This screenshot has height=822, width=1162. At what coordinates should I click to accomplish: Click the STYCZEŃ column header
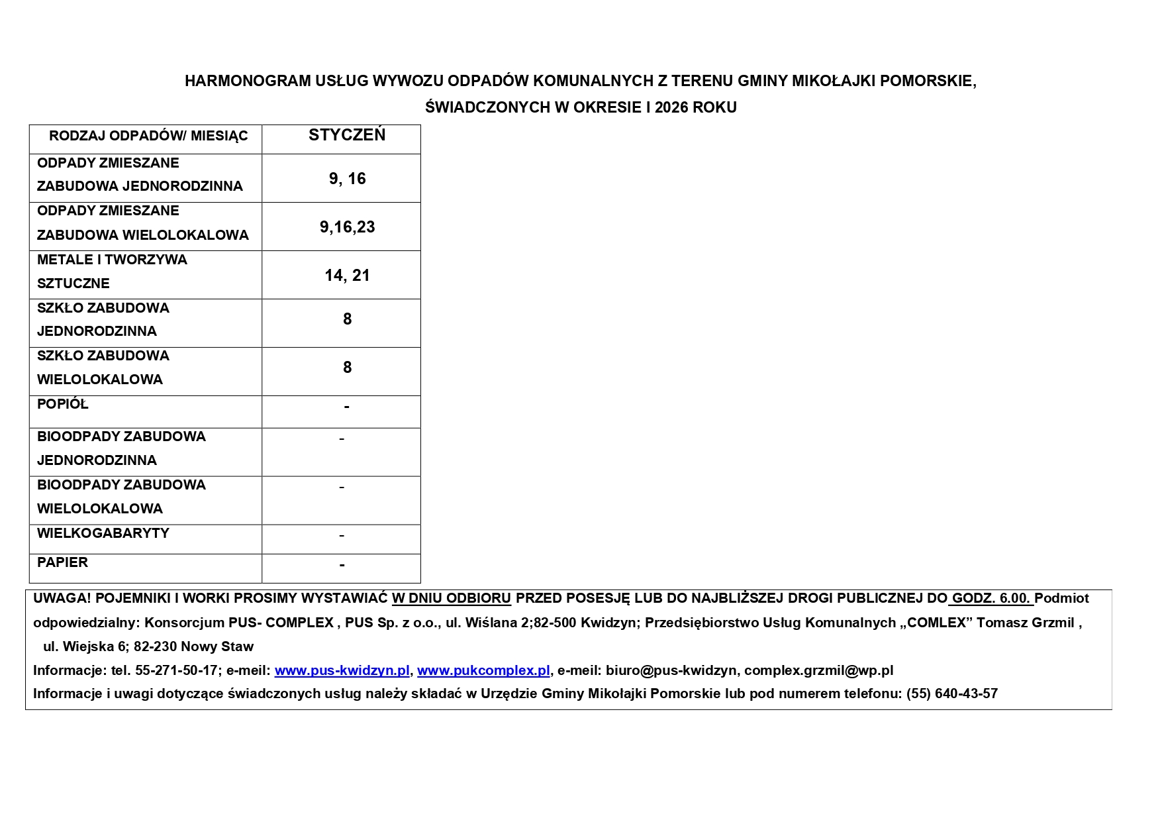pyautogui.click(x=347, y=136)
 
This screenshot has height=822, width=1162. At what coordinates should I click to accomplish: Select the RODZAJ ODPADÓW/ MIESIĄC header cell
pyautogui.click(x=148, y=136)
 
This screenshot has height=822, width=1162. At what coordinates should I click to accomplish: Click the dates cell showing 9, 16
pyautogui.click(x=347, y=179)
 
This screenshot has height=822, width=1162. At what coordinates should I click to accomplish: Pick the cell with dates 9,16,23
pyautogui.click(x=347, y=227)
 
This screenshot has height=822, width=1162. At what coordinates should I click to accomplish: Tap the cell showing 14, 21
pyautogui.click(x=347, y=276)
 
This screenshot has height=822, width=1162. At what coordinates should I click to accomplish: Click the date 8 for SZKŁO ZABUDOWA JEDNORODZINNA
pyautogui.click(x=347, y=319)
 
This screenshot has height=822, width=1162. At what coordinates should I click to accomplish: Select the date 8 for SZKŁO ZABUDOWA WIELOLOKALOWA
pyautogui.click(x=347, y=368)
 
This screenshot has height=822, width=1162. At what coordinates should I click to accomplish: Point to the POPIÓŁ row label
pyautogui.click(x=63, y=404)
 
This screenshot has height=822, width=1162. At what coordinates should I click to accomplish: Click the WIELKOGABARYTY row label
pyautogui.click(x=103, y=533)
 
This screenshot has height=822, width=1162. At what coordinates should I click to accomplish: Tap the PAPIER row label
pyautogui.click(x=63, y=562)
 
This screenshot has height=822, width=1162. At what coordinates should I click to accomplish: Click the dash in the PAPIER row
pyautogui.click(x=342, y=565)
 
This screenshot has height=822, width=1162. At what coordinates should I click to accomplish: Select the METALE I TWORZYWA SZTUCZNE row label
pyautogui.click(x=112, y=272)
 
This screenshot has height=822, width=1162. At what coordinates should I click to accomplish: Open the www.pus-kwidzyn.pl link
pyautogui.click(x=342, y=670)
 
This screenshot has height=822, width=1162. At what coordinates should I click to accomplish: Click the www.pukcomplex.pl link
pyautogui.click(x=483, y=670)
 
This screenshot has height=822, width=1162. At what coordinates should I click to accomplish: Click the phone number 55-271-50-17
pyautogui.click(x=177, y=670)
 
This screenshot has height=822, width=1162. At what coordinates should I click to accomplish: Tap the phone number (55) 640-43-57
pyautogui.click(x=951, y=694)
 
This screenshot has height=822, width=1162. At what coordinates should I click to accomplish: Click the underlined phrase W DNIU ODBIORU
pyautogui.click(x=452, y=598)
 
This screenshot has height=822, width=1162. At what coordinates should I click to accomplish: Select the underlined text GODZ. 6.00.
pyautogui.click(x=991, y=598)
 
